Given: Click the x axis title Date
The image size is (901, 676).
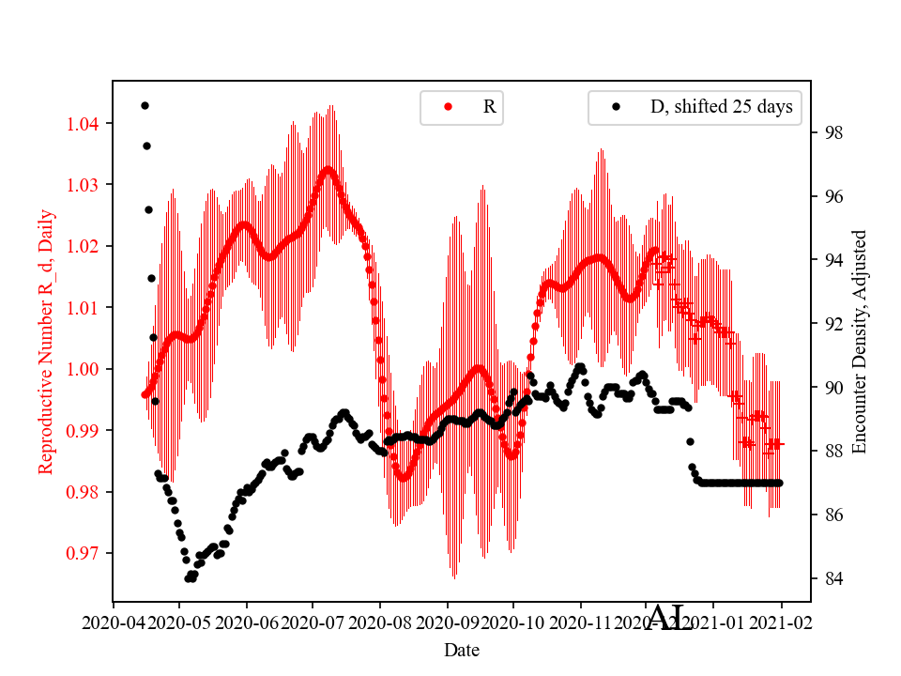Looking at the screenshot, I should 462,649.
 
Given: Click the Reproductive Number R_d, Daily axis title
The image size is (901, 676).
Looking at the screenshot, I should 47,342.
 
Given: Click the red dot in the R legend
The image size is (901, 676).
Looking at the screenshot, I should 448,107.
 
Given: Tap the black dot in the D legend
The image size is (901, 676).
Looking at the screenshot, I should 616,107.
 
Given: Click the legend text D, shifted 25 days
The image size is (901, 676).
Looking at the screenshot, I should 721,107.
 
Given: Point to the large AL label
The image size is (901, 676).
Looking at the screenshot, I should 670,618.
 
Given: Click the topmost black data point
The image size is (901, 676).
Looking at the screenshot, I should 145,105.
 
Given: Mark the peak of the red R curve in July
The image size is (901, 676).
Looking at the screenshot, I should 328,169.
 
